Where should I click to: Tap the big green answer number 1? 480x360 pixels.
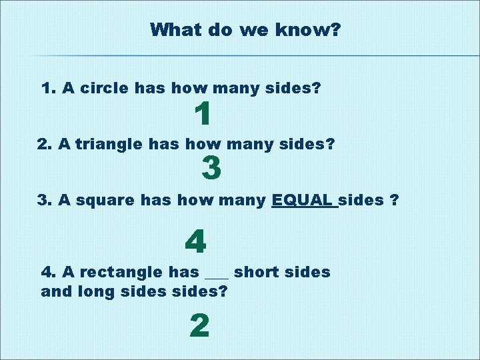pyautogui.click(x=203, y=115)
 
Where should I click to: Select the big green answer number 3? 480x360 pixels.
pyautogui.click(x=211, y=167)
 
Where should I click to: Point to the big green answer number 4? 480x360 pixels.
pyautogui.click(x=195, y=241)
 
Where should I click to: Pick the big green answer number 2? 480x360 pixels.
pyautogui.click(x=199, y=326)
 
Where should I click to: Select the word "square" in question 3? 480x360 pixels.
pyautogui.click(x=100, y=199)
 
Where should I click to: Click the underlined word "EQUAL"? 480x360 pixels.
pyautogui.click(x=303, y=199)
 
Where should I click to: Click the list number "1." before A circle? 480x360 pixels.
pyautogui.click(x=49, y=88)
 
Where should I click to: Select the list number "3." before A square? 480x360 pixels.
pyautogui.click(x=45, y=199)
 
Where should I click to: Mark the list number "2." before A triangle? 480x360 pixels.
pyautogui.click(x=45, y=143)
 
